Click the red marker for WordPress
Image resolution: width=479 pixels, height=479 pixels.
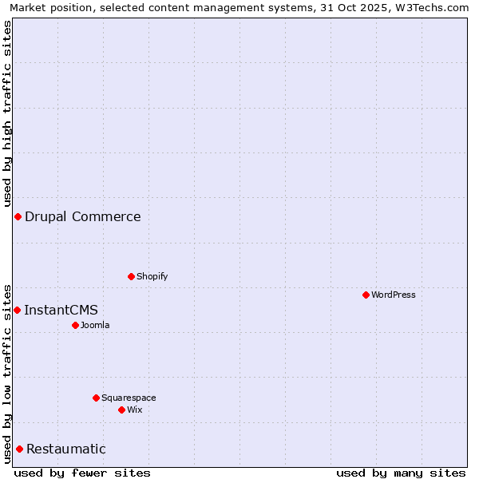tap(366, 295)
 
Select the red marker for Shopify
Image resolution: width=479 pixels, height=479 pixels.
tap(131, 276)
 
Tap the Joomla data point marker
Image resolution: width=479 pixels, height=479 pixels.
tap(75, 325)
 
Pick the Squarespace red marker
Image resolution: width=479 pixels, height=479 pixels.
tap(96, 398)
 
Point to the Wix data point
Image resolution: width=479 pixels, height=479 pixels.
tap(121, 410)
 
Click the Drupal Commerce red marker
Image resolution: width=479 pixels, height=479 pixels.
tap(18, 216)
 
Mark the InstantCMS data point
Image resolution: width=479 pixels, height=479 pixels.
tap(17, 310)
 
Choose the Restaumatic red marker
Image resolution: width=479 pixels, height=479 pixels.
tap(19, 449)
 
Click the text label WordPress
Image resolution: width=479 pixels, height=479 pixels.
tap(394, 295)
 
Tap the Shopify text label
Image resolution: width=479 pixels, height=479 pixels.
tap(152, 276)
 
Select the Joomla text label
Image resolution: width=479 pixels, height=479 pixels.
tap(95, 325)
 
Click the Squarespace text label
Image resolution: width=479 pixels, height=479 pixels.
tap(129, 398)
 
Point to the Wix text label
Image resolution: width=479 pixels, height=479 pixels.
tap(134, 410)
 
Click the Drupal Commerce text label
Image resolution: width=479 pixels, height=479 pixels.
tap(83, 216)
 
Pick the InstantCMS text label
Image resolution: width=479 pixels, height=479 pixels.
tap(61, 310)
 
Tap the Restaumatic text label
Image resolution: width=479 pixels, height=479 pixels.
tap(66, 449)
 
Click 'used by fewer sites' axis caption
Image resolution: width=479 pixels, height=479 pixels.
tap(82, 473)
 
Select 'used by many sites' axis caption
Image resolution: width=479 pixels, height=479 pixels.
tap(401, 473)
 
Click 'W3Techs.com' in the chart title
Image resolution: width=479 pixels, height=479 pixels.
tap(434, 8)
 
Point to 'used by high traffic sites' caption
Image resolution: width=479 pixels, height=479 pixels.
tap(8, 112)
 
